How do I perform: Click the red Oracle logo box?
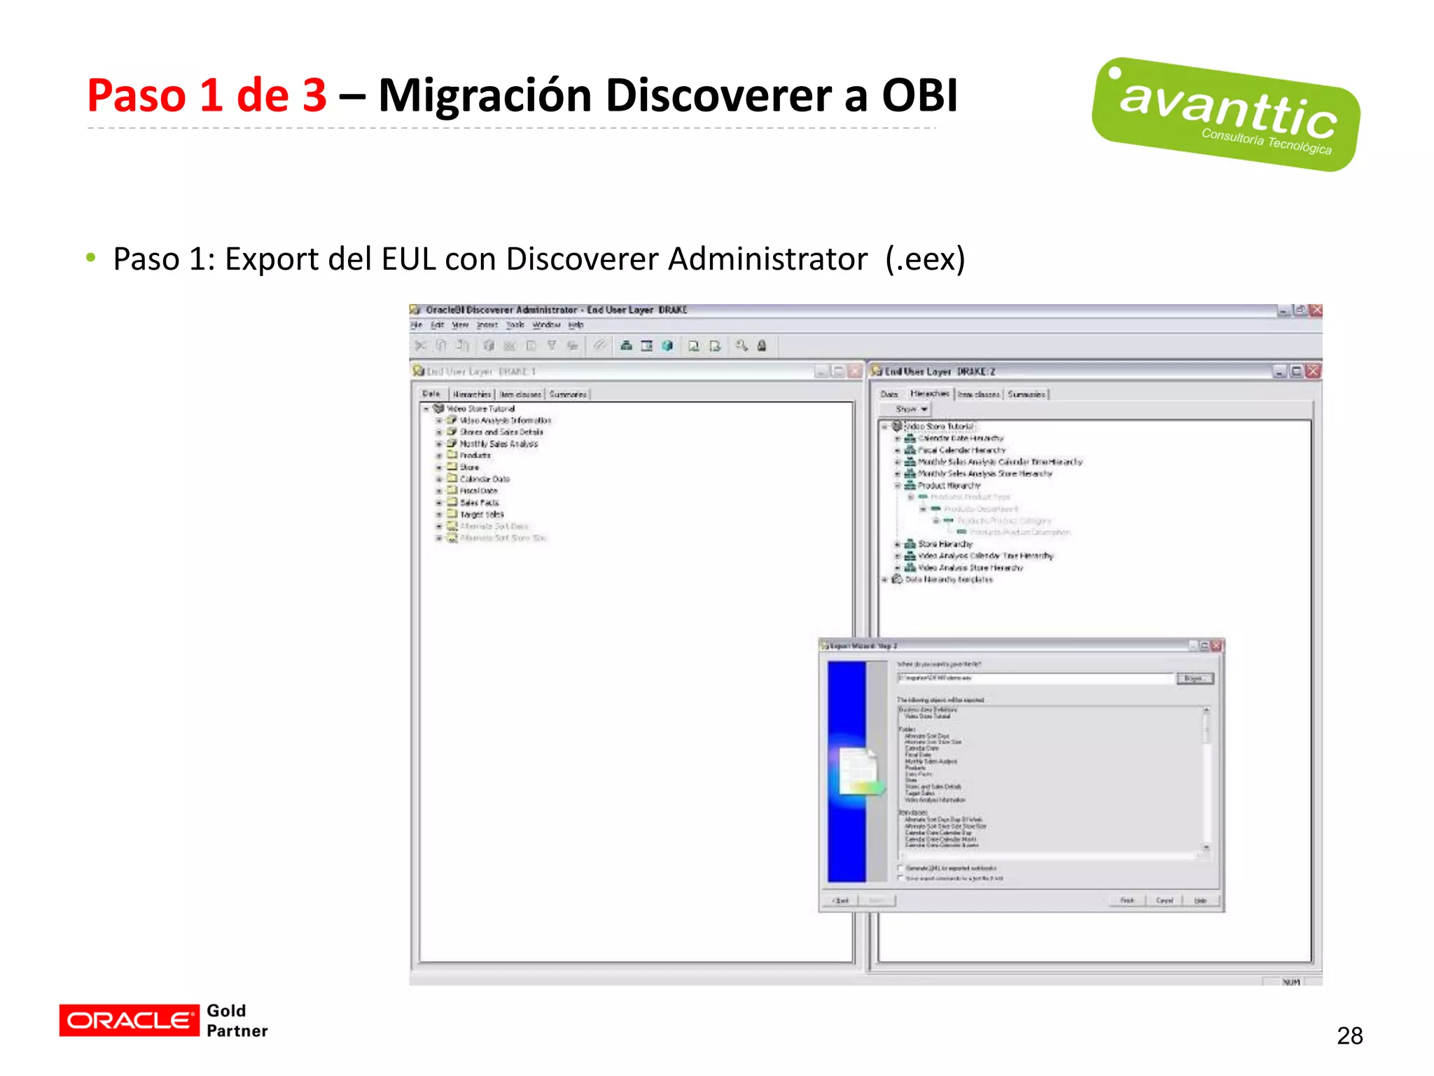click(x=129, y=1020)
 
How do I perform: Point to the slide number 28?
click(x=1349, y=1035)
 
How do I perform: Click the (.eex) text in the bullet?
click(x=925, y=259)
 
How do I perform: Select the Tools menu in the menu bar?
click(x=515, y=325)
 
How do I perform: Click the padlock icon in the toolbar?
click(x=762, y=345)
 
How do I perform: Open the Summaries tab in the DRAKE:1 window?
click(x=568, y=394)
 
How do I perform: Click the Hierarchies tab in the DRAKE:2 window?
click(x=930, y=394)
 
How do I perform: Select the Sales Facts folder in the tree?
click(x=479, y=502)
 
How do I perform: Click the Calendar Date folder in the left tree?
click(x=485, y=479)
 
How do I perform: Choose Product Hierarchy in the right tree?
click(x=949, y=485)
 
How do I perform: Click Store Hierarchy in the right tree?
click(x=945, y=544)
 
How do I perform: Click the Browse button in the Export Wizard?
click(x=1195, y=678)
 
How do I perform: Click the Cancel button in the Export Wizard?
click(x=1164, y=900)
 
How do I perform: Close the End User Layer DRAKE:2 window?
click(x=1314, y=371)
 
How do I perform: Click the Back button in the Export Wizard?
click(x=842, y=900)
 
